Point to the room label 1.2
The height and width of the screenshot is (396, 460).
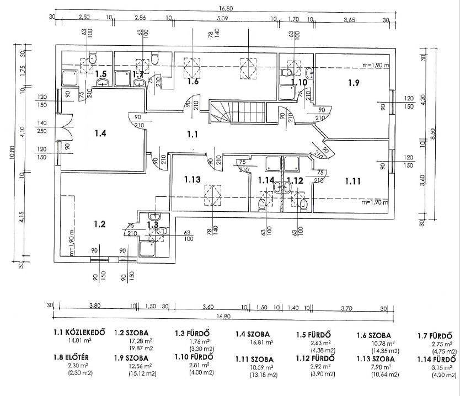99,224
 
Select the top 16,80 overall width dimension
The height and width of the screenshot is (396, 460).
223,8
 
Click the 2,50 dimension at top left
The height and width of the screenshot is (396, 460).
84,18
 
